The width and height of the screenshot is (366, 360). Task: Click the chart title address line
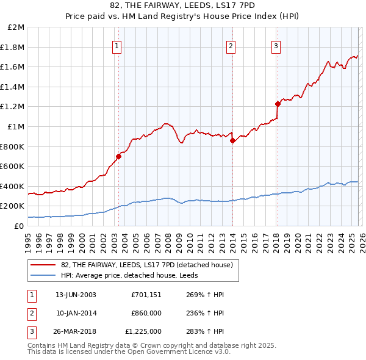point(183,5)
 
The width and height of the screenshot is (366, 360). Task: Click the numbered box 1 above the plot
point(117,45)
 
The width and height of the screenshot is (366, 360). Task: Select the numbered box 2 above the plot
point(231,45)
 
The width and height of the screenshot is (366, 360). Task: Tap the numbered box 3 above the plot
point(276,45)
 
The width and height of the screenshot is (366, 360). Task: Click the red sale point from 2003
point(118,156)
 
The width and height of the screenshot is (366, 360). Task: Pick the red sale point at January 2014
point(232,140)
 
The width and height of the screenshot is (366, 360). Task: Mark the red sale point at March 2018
point(278,104)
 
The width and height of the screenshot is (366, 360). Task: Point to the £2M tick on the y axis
point(16,27)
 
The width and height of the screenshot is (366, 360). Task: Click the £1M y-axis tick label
point(16,126)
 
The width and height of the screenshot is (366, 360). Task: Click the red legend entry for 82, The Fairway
point(146,265)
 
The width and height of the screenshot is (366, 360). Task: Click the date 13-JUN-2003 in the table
point(76,295)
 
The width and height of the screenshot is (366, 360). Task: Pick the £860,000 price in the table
point(146,313)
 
